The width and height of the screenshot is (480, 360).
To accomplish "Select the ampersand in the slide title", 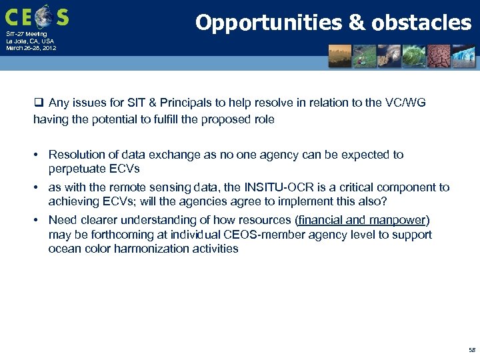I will coord(357,23).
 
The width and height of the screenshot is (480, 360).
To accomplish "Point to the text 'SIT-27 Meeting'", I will coord(27,34).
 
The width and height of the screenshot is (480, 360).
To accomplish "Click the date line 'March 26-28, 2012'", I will coord(31,48).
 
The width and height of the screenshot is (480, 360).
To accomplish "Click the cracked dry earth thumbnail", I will coord(441,56).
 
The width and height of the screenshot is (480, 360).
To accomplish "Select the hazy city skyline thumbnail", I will coord(340,56).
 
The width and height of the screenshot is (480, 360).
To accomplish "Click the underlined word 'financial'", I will coord(321,220).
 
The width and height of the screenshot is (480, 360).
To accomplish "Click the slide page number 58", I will coord(471,350).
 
